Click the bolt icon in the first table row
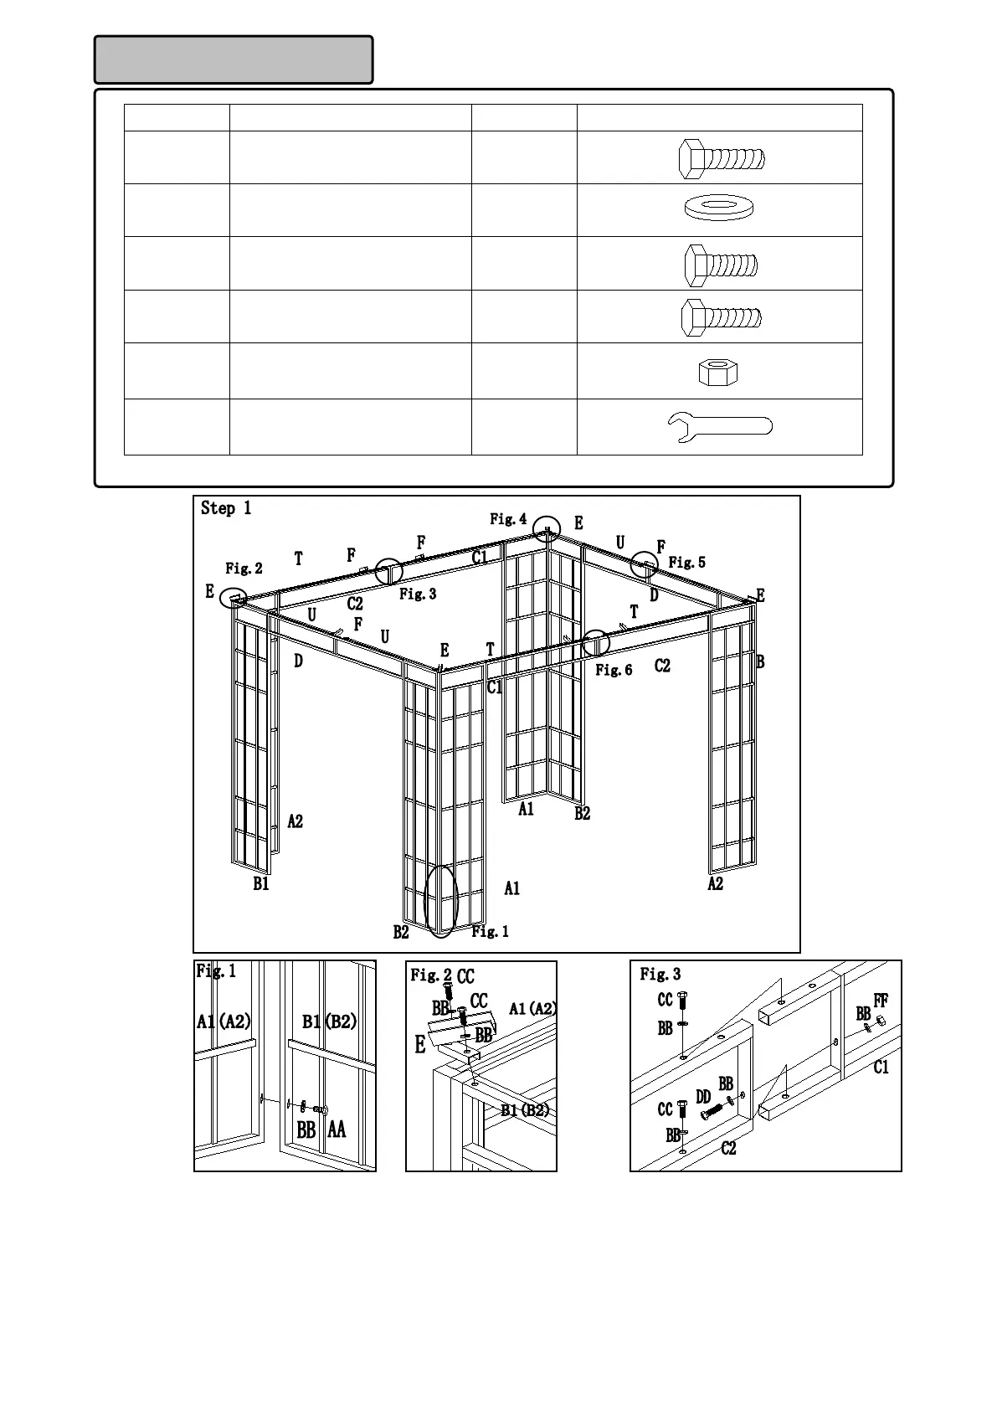pos(721,158)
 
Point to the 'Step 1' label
pos(226,508)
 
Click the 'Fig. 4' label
pos(508,519)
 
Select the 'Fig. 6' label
pos(614,670)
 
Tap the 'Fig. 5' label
pos(686,563)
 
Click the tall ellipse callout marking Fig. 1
pos(441,901)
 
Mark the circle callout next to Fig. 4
pos(547,530)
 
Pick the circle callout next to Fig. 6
pos(596,643)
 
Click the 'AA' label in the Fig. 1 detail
pos(337,1130)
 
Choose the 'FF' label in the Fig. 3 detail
pos(881,1001)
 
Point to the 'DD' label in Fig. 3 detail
pos(703,1097)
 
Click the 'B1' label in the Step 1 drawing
pos(261,883)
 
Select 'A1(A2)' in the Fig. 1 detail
pos(224,1021)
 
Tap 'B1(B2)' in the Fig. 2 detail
pos(525,1110)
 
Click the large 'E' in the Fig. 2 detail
pos(420,1044)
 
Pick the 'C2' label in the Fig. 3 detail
pos(728,1148)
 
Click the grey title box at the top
pos(234,59)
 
